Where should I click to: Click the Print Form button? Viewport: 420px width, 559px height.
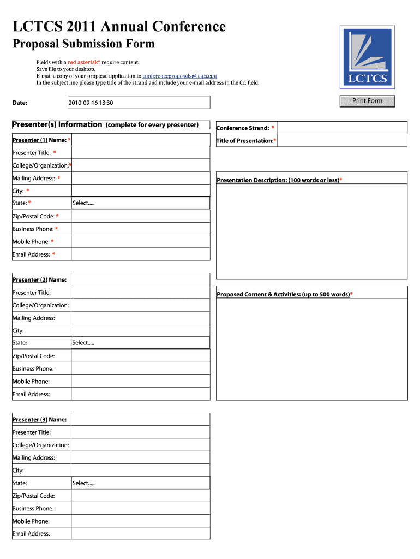367,101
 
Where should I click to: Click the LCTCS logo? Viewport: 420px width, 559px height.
367,57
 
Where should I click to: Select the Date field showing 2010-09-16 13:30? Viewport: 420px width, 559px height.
139,103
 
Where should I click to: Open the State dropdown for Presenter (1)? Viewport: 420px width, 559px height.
140,203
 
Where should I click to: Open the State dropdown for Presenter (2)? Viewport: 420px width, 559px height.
140,343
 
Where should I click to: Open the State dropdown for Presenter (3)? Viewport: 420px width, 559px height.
140,483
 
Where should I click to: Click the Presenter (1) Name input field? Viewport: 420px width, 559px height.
140,140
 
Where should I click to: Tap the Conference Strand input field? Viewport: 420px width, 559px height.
342,128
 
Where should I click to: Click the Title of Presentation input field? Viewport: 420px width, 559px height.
342,141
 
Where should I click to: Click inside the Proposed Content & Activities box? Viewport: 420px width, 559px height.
312,349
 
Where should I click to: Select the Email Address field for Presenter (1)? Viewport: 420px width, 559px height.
140,254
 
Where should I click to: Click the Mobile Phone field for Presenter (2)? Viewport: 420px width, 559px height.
140,382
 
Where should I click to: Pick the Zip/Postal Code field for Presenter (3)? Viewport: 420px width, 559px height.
140,496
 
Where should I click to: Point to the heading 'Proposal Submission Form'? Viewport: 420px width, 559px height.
84,44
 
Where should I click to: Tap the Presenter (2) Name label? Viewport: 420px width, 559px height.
40,280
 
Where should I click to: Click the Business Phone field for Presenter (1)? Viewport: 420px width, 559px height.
140,229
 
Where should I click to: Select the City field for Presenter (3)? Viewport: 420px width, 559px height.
140,471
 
